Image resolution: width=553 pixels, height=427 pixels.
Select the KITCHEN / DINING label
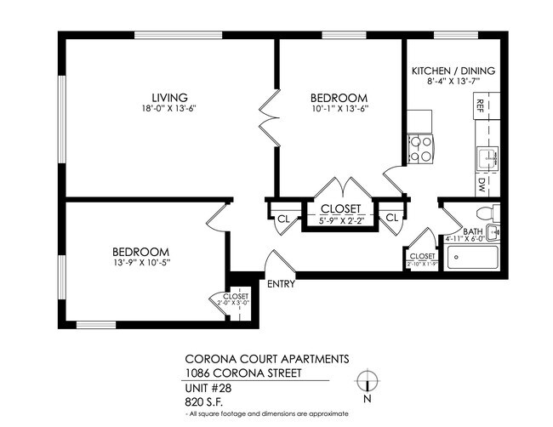(x=453, y=71)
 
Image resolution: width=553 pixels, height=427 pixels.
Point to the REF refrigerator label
(x=481, y=105)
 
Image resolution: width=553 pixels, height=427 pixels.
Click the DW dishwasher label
(x=481, y=182)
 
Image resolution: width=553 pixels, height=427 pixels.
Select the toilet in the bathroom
(x=486, y=213)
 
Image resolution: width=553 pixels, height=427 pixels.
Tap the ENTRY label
(x=281, y=284)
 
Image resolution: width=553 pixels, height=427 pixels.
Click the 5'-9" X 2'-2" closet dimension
(x=340, y=220)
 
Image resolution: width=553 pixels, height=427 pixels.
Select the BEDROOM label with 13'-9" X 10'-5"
(x=140, y=252)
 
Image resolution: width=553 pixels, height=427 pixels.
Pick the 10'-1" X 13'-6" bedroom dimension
(x=338, y=109)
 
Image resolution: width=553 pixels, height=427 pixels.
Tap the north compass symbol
(x=367, y=381)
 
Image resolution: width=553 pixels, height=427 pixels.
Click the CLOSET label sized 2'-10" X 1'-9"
(x=423, y=256)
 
